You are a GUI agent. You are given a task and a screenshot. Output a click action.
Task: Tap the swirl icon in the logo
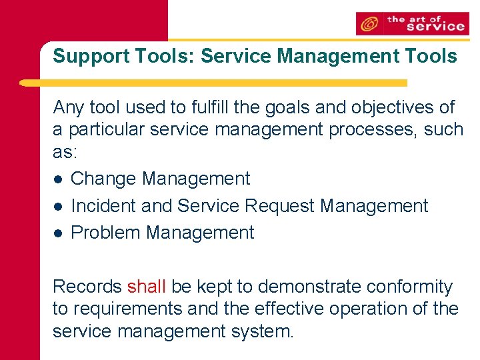pyautogui.click(x=368, y=25)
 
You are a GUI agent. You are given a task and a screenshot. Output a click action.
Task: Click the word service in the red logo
pyautogui.click(x=434, y=27)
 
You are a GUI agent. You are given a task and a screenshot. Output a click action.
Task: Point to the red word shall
pyautogui.click(x=146, y=287)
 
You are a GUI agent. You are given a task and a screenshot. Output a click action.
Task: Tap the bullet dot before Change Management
pyautogui.click(x=58, y=179)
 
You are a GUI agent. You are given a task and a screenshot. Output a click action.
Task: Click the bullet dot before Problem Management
pyautogui.click(x=58, y=233)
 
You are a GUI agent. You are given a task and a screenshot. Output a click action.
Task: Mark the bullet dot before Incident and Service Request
pyautogui.click(x=58, y=207)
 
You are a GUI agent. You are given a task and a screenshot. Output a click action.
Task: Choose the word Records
pyautogui.click(x=87, y=287)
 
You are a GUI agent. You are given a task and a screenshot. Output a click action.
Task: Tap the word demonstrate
pyautogui.click(x=305, y=287)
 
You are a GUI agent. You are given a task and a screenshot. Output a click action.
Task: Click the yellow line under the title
pyautogui.click(x=213, y=83)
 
